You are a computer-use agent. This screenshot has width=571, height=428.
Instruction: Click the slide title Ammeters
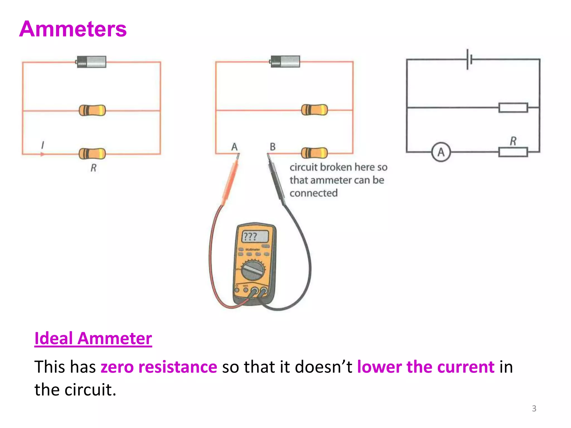coord(73,29)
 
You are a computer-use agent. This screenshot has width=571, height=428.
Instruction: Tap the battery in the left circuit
coord(91,62)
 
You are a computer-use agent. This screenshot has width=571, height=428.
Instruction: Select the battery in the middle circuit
coord(285,61)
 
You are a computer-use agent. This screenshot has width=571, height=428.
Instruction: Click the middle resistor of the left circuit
coord(92,110)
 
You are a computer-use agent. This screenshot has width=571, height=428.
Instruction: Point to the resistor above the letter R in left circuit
coord(92,153)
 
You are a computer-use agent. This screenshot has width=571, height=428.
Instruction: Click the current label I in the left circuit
coord(42,145)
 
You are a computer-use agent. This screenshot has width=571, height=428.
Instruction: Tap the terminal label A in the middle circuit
coord(234,147)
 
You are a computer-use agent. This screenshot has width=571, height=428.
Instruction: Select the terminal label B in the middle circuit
coord(272,147)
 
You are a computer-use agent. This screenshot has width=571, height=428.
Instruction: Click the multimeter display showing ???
coord(255,237)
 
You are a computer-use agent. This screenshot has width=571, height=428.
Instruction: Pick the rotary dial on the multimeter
coord(253,270)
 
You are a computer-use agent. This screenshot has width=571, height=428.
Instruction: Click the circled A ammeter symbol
coord(441,152)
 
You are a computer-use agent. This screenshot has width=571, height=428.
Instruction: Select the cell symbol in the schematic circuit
coord(469,59)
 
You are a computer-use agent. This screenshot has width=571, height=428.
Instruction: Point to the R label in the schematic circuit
coord(513,141)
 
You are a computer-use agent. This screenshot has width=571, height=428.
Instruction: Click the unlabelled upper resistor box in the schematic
coord(513,108)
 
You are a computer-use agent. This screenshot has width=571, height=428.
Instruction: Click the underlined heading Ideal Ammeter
coord(93,339)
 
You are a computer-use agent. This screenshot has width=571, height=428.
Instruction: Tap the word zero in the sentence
coord(117,367)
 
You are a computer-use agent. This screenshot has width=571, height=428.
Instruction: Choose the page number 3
coord(534,408)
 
